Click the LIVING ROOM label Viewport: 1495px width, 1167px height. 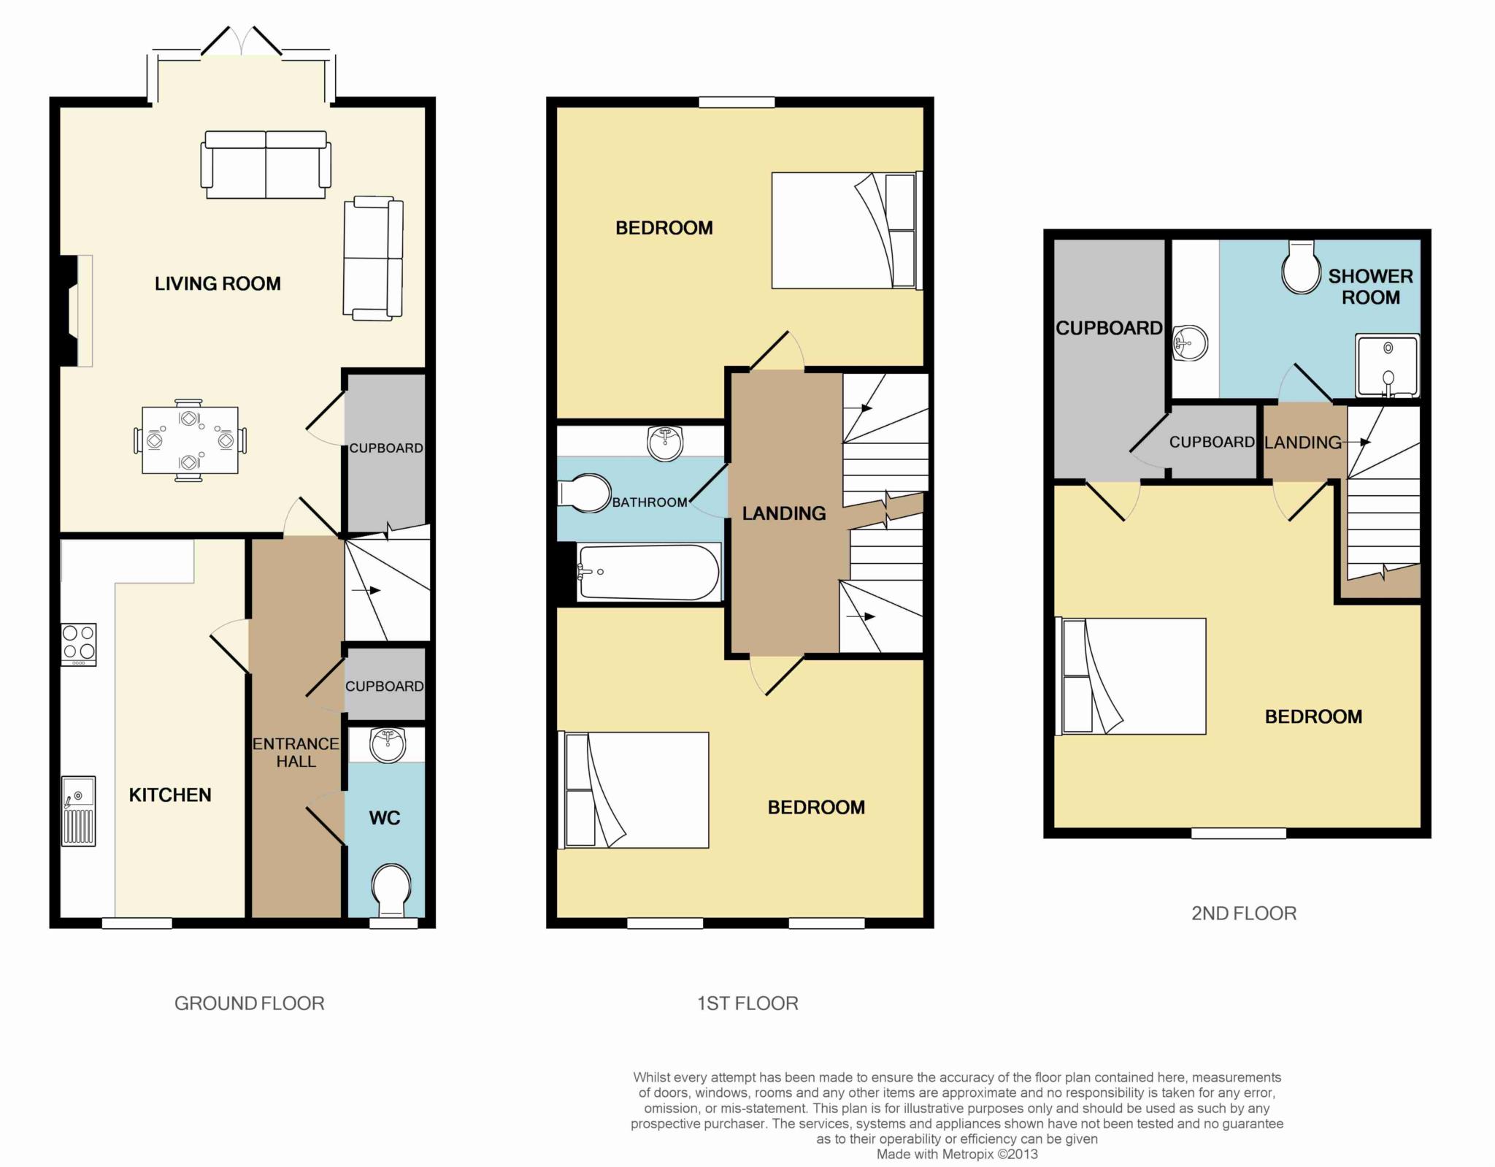pyautogui.click(x=218, y=283)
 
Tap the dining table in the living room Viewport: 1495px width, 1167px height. pyautogui.click(x=190, y=440)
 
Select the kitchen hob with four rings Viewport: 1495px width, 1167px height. pyautogui.click(x=78, y=644)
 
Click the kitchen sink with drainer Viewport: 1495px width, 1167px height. pyautogui.click(x=78, y=811)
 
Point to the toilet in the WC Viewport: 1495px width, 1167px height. pyautogui.click(x=391, y=891)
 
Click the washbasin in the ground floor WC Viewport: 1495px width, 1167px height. pyautogui.click(x=388, y=744)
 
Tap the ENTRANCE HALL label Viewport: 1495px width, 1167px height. pyautogui.click(x=296, y=752)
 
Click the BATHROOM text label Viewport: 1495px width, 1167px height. pyautogui.click(x=650, y=502)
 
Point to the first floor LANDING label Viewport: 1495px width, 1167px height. pyautogui.click(x=784, y=513)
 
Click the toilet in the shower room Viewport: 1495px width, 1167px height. pyautogui.click(x=1302, y=268)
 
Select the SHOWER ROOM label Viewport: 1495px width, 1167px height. pyautogui.click(x=1370, y=286)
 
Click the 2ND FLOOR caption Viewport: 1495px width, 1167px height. pyautogui.click(x=1244, y=914)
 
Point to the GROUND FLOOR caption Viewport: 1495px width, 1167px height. pyautogui.click(x=249, y=1003)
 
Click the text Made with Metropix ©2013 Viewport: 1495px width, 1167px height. pyautogui.click(x=957, y=1155)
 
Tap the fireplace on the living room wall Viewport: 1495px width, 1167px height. pyautogui.click(x=76, y=310)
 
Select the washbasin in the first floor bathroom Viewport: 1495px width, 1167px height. pyautogui.click(x=665, y=443)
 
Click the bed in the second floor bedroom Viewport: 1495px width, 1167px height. pyautogui.click(x=1130, y=676)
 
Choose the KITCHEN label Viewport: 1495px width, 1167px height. pyautogui.click(x=170, y=795)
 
